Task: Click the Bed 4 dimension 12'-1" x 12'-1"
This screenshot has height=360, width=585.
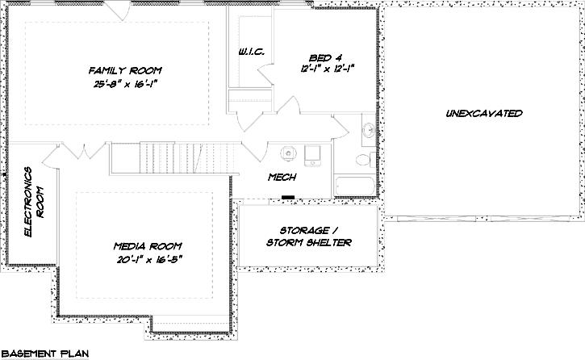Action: tap(327, 69)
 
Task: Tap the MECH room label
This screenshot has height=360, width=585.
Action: tap(282, 177)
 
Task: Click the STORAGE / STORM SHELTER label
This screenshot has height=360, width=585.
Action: tap(309, 236)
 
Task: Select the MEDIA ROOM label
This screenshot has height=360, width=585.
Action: tap(148, 245)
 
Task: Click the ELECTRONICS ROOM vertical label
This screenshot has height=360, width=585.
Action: tap(32, 202)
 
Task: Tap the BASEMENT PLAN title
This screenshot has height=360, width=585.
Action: tap(44, 353)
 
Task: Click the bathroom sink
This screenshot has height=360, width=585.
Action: tap(367, 129)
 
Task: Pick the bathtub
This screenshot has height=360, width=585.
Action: tap(355, 185)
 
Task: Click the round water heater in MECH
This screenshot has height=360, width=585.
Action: tap(288, 152)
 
